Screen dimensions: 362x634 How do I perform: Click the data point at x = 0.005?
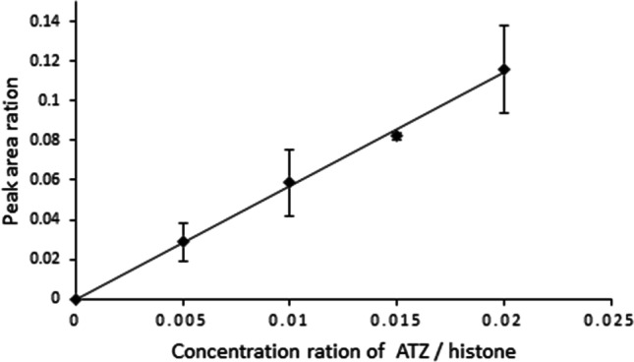[182, 241]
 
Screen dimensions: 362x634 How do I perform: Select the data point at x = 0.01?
[289, 182]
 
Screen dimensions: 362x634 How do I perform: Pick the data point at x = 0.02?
[504, 69]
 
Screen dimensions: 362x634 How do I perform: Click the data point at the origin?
[75, 299]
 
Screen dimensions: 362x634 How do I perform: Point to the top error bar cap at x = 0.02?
[504, 26]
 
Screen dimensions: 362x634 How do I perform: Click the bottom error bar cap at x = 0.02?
[504, 112]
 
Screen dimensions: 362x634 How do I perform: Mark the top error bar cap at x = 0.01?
[289, 150]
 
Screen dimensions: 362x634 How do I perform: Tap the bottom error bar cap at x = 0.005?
[182, 261]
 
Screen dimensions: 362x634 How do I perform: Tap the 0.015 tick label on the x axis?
[397, 320]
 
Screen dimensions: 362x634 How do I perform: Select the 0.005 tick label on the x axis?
[182, 320]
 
